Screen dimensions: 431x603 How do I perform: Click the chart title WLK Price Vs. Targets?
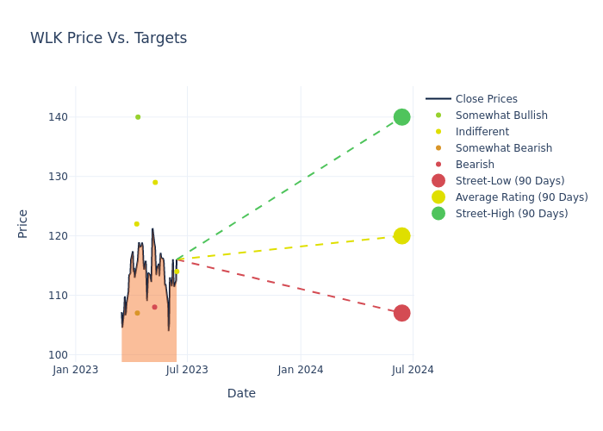tap(109, 38)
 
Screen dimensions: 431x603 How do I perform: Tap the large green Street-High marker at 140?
tap(401, 117)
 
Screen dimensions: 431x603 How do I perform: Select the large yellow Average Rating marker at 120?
tap(401, 236)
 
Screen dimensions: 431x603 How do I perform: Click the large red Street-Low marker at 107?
tap(401, 313)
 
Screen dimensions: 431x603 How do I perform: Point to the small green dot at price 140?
tap(138, 117)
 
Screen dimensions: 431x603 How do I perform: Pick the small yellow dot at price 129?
tap(155, 183)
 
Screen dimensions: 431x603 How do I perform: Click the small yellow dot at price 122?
tap(136, 224)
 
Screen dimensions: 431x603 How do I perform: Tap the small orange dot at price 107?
tap(137, 313)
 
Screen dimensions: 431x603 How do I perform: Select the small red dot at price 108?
tap(154, 307)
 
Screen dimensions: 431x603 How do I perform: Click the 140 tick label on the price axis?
tap(59, 117)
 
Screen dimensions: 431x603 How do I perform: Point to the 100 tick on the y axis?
tap(59, 355)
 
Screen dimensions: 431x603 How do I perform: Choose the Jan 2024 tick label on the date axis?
tap(301, 370)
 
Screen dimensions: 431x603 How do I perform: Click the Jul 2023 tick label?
tap(187, 370)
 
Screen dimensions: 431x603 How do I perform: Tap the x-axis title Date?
tap(241, 393)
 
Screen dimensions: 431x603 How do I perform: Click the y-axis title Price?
tap(23, 223)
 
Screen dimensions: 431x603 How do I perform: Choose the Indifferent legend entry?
tap(482, 132)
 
